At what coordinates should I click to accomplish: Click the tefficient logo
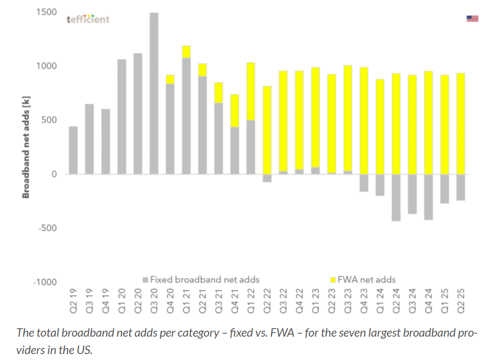coord(88,19)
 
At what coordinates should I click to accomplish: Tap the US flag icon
coord(472,19)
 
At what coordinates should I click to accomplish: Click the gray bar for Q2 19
coord(74,150)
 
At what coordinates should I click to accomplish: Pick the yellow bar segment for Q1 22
coord(250,91)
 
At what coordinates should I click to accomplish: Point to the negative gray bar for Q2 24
coord(396,198)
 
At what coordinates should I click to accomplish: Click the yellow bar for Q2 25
coord(460,124)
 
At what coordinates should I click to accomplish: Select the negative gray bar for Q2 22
coord(267,178)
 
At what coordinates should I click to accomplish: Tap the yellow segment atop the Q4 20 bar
coord(170,79)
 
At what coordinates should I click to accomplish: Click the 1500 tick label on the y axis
coord(46,12)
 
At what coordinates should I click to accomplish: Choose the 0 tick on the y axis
coord(54,174)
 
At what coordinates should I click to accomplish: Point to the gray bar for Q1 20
coord(122,117)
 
